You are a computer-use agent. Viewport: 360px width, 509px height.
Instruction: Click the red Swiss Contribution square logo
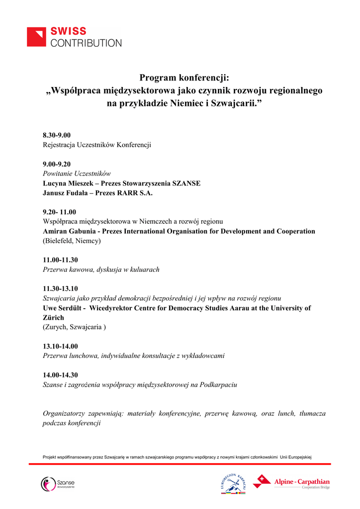(37, 37)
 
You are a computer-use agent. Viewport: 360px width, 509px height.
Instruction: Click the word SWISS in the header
(69, 31)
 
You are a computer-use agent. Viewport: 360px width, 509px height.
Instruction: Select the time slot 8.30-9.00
(57, 136)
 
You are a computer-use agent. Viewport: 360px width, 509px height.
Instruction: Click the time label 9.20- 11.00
(60, 212)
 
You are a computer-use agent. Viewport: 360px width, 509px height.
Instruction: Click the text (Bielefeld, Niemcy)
(72, 241)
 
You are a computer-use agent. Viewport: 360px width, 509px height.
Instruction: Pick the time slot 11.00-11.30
(60, 260)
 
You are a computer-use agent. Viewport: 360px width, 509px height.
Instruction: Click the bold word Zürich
(53, 318)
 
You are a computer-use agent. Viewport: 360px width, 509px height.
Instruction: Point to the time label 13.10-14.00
(60, 346)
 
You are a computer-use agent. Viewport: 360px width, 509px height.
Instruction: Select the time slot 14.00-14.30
(60, 375)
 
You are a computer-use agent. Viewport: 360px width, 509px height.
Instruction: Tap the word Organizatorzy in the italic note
(65, 414)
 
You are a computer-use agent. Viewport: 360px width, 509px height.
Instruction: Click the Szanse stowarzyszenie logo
(58, 484)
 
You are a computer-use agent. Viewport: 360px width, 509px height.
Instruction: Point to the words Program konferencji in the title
(184, 78)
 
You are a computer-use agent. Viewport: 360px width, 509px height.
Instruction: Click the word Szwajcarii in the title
(233, 104)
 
